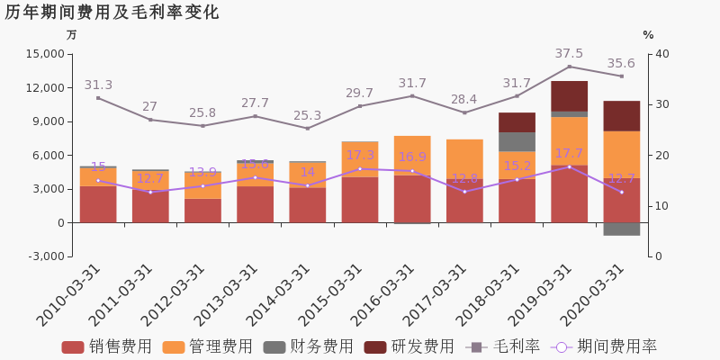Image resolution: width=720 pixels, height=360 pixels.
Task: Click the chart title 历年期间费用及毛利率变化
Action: tap(112, 13)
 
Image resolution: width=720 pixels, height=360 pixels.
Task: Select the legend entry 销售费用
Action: tap(107, 347)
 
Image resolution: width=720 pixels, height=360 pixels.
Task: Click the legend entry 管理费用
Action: tap(208, 347)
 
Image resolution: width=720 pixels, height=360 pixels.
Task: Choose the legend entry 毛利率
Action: tap(504, 347)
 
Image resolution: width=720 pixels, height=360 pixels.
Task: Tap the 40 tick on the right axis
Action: tap(662, 54)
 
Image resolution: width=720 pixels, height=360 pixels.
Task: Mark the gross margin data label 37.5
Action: tap(569, 54)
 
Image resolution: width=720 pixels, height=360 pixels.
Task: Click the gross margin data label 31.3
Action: tap(98, 85)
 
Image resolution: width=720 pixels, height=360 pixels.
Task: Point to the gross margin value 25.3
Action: tap(307, 116)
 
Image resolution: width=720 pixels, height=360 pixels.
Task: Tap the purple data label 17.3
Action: tap(360, 156)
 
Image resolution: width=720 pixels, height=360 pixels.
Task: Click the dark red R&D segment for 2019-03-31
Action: tap(569, 96)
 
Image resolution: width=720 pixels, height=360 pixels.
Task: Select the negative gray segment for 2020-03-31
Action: tap(621, 229)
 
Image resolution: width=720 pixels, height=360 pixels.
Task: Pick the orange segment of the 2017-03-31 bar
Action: tap(464, 158)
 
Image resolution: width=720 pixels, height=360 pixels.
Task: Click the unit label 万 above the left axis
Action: tap(72, 35)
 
